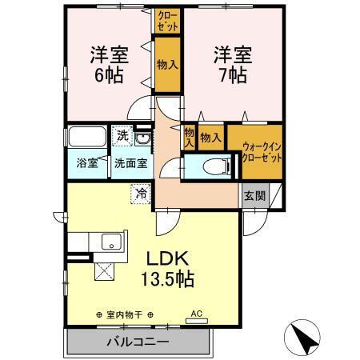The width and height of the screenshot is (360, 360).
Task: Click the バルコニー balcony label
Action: point(138,341)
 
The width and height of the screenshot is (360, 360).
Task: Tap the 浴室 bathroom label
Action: point(87,163)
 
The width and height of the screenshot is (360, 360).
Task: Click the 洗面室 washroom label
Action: point(130,163)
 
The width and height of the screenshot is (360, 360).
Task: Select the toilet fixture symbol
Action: point(210,166)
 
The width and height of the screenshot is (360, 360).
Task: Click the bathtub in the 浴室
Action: point(87,137)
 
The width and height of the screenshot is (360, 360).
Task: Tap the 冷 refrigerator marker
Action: point(141,192)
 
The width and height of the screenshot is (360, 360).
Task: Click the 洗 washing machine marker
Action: point(122,136)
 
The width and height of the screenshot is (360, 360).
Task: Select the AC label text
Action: point(196,314)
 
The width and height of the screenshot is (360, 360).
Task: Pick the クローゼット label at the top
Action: point(167,20)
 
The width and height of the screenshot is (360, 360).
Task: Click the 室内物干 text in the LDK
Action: point(123,315)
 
